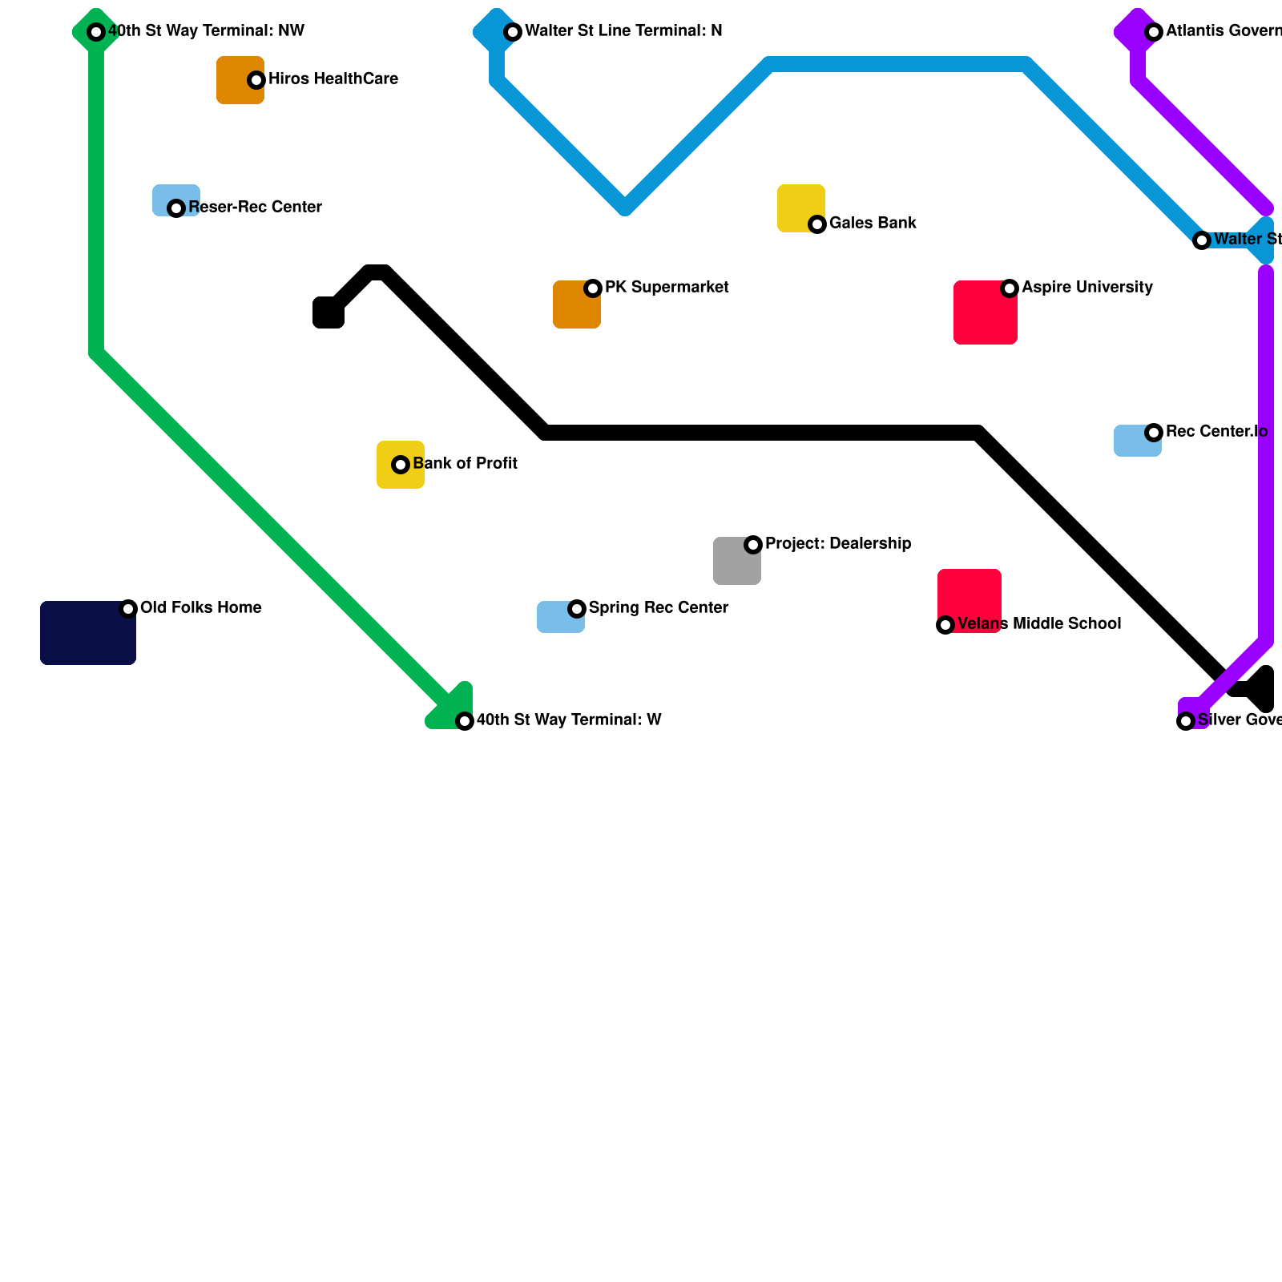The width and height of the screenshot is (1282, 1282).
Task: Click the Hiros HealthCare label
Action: (x=333, y=79)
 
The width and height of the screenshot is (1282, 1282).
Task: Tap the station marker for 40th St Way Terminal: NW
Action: (x=96, y=32)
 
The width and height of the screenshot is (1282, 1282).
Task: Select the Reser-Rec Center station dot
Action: (x=176, y=208)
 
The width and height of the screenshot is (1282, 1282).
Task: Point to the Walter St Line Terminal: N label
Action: (x=623, y=31)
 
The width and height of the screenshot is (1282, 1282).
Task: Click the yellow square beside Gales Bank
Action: (x=800, y=208)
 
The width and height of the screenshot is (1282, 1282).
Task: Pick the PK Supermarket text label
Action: (x=666, y=288)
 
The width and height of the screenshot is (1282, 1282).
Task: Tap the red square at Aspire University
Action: (x=985, y=312)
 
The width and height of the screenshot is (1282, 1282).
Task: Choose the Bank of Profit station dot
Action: (x=401, y=465)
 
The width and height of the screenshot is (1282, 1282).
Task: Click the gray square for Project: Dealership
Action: (x=736, y=561)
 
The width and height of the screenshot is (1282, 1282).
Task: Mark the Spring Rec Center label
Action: (x=658, y=608)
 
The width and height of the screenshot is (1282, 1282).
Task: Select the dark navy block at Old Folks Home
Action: (x=88, y=633)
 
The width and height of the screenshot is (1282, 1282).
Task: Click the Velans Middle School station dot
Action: (x=945, y=625)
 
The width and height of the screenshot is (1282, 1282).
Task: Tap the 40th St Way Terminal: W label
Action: (x=568, y=720)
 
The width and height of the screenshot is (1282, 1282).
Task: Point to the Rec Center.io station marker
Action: (x=1154, y=433)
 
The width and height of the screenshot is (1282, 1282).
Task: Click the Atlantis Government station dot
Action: (x=1154, y=32)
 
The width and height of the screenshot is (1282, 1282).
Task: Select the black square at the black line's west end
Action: (x=329, y=312)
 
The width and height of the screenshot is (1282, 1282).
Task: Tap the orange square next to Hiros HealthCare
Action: (x=240, y=80)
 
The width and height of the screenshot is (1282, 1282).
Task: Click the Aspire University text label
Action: (x=1086, y=288)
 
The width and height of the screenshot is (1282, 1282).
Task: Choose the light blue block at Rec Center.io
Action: (x=1137, y=441)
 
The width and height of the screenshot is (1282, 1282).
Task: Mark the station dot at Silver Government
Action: (x=1186, y=721)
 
